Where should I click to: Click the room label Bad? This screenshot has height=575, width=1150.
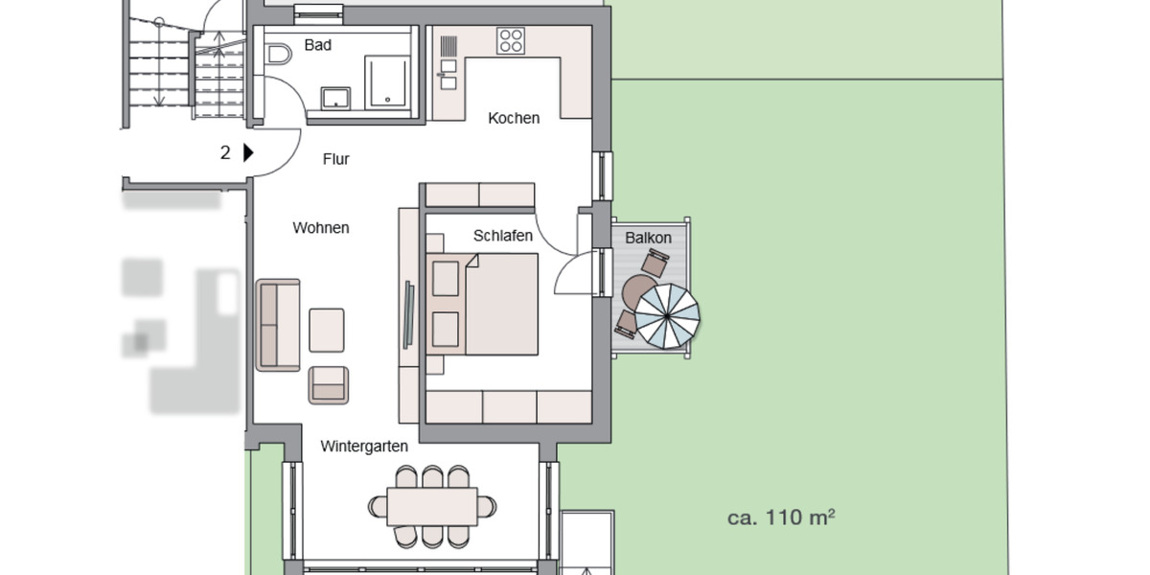(x=317, y=45)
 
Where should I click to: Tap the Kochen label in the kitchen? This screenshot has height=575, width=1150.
(x=514, y=119)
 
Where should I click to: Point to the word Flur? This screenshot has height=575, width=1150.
(x=335, y=159)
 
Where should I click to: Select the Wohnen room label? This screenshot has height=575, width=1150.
(x=321, y=228)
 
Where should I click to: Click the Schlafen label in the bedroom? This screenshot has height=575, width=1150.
(x=503, y=236)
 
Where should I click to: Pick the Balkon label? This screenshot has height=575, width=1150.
(x=649, y=238)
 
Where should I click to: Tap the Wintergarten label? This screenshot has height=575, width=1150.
(x=364, y=447)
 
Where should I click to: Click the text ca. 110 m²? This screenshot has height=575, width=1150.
(x=781, y=518)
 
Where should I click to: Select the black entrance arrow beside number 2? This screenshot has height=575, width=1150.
(x=248, y=152)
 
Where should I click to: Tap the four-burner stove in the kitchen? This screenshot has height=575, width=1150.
(x=511, y=40)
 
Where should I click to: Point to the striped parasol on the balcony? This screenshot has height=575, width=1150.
(x=668, y=317)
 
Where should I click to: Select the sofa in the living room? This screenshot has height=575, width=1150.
(x=278, y=324)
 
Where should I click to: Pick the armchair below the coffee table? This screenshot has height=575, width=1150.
(x=329, y=385)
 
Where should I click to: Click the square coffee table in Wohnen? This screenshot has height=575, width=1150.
(x=327, y=330)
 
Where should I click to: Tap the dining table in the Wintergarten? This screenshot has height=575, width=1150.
(x=432, y=506)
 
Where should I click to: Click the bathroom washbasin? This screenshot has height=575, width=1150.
(x=335, y=98)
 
